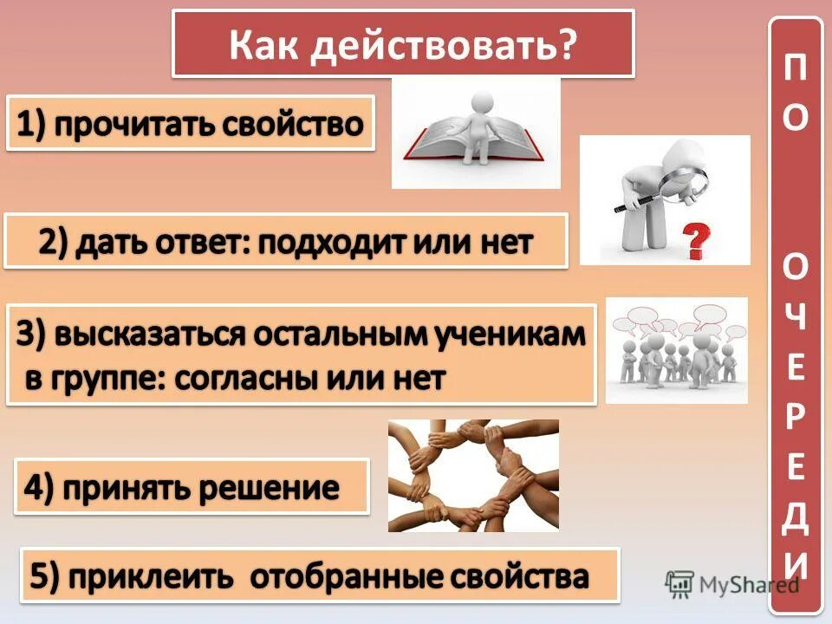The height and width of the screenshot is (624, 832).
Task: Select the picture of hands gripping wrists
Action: [473, 475]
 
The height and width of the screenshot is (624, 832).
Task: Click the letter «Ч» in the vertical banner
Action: [795, 319]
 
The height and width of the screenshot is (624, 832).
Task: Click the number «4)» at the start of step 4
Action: [41, 488]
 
